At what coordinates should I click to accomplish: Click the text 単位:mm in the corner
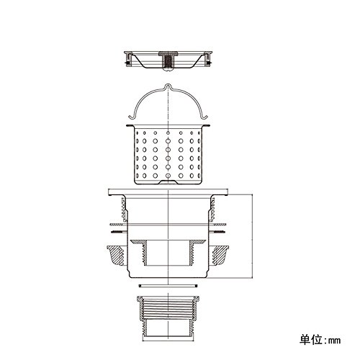320,340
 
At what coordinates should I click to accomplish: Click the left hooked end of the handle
131,117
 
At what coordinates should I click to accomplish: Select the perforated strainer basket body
168,155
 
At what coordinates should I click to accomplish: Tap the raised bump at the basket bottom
168,181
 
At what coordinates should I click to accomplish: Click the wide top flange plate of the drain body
168,192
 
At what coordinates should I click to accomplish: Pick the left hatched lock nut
116,255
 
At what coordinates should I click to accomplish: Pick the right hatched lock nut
220,255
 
